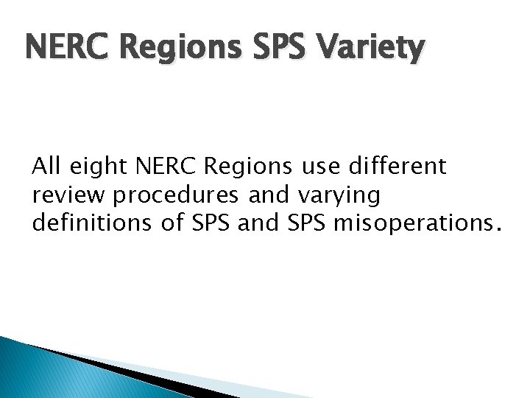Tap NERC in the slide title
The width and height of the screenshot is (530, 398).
[x=68, y=49]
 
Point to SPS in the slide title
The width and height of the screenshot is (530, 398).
[x=282, y=49]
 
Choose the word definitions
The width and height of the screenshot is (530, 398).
[x=82, y=223]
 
